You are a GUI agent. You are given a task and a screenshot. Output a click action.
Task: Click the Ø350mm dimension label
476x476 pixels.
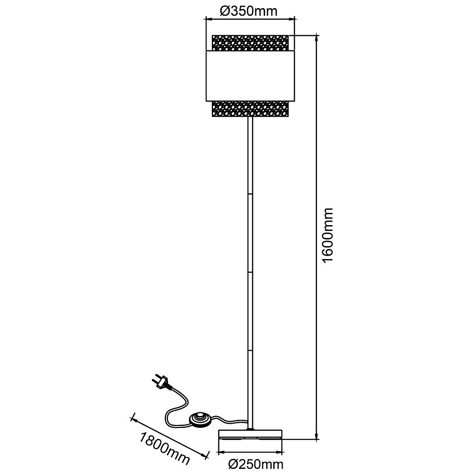[248, 11]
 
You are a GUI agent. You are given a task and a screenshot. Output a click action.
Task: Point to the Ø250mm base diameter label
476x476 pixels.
[256, 464]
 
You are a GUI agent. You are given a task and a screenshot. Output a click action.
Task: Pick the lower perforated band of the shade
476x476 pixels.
[250, 109]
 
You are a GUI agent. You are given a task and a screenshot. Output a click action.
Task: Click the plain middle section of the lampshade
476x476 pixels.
[250, 76]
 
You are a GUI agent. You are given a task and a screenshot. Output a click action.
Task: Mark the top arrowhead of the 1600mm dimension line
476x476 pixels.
[317, 38]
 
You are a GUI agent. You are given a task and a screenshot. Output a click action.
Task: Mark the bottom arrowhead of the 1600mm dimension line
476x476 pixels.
[317, 436]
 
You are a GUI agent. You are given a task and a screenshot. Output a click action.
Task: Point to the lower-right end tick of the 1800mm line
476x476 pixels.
[208, 454]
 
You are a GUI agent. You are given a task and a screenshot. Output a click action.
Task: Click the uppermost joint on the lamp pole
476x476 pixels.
[250, 193]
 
